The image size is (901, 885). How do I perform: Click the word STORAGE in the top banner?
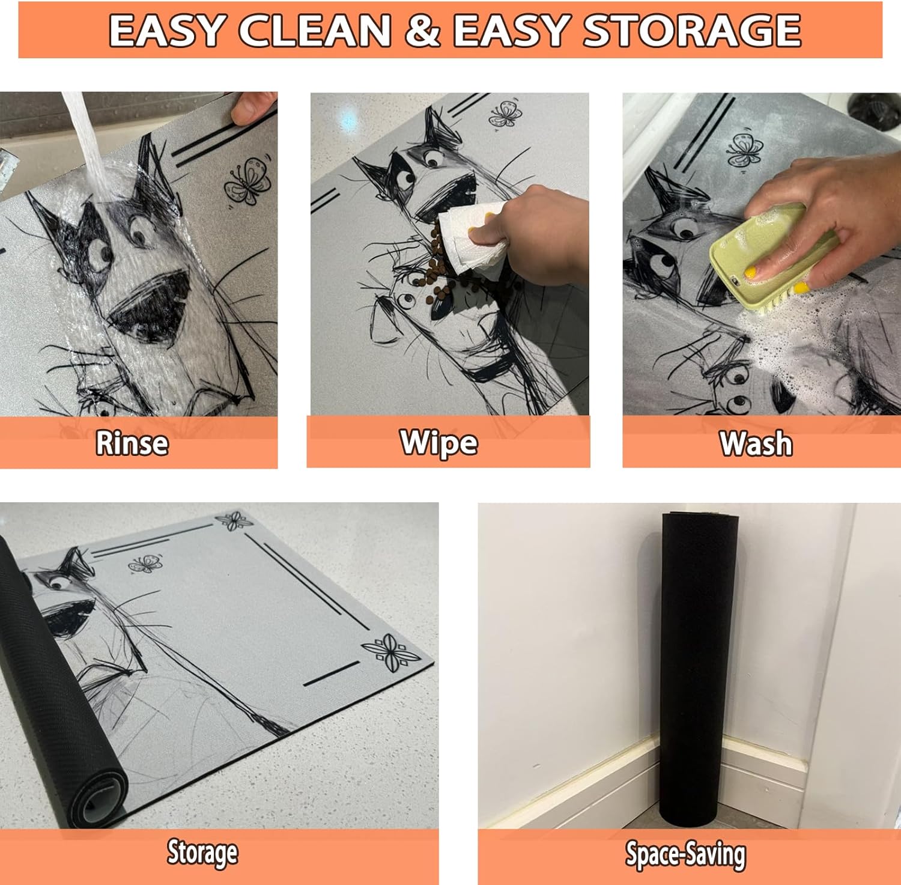pyautogui.click(x=692, y=31)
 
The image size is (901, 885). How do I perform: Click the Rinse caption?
pyautogui.click(x=132, y=443)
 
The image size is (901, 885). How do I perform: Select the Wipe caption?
pyautogui.click(x=439, y=443)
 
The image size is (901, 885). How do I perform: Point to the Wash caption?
pyautogui.click(x=756, y=444)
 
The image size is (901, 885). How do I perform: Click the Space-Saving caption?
pyautogui.click(x=686, y=854)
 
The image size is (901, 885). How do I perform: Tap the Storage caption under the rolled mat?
pyautogui.click(x=202, y=853)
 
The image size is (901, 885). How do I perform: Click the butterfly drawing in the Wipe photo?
pyautogui.click(x=505, y=114)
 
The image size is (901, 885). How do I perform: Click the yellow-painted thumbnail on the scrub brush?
pyautogui.click(x=751, y=273)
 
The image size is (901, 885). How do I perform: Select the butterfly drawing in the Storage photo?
pyautogui.click(x=145, y=564)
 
